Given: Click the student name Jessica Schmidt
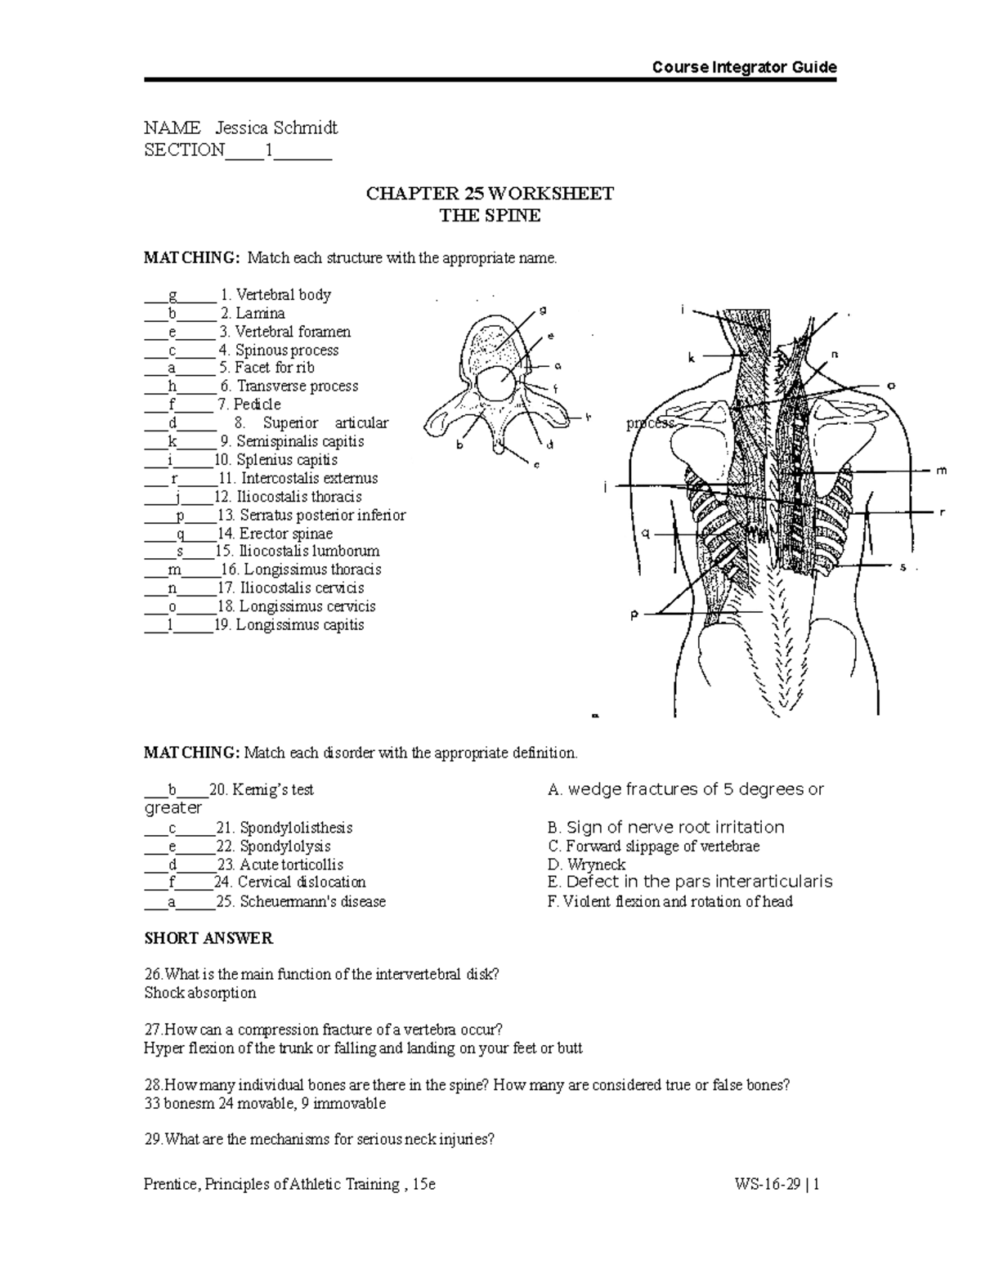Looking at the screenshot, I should point(276,127).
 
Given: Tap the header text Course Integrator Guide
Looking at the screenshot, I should point(744,67).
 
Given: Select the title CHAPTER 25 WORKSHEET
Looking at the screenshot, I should point(490,194).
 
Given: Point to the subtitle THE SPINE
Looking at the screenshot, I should point(490,216).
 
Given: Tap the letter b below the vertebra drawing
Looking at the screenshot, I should point(459,445).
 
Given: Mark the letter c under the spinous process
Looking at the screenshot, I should point(536,465).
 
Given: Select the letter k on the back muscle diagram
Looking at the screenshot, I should point(691,357).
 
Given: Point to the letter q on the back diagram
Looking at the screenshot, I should point(645,534).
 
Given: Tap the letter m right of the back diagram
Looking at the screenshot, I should point(941,471).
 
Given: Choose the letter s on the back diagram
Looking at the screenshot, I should point(903,566).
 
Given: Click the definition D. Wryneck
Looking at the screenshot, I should point(586,865).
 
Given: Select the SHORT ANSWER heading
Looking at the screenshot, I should point(208,938).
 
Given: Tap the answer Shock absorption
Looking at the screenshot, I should point(200,993).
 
